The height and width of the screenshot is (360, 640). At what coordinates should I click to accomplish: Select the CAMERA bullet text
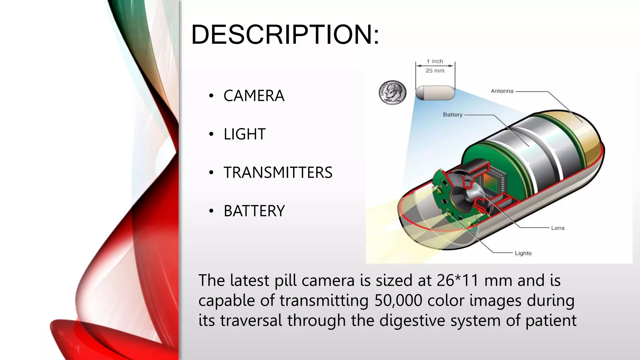coord(254,96)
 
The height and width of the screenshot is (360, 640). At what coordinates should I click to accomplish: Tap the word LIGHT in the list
coord(244,134)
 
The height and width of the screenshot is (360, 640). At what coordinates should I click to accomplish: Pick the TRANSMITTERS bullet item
coord(278,172)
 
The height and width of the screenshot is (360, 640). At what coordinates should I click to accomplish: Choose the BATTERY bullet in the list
coord(254,211)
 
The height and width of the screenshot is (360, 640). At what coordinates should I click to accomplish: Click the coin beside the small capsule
coord(392,92)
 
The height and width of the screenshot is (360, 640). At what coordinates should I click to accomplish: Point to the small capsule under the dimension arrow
coord(435,93)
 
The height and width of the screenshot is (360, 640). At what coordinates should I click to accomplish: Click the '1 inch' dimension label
coord(435,61)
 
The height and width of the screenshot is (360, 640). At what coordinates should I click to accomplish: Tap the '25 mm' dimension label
coord(435,71)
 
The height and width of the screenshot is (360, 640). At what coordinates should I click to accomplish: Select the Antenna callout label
coord(502,91)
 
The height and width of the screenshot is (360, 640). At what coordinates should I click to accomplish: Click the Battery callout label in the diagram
coord(452,115)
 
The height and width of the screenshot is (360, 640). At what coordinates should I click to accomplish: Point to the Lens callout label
coord(557,228)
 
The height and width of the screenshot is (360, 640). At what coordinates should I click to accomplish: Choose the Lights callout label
coord(523,253)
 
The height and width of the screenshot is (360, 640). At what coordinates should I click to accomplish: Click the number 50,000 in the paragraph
coord(398,301)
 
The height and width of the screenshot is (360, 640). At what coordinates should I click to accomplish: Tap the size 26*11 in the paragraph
coord(458,280)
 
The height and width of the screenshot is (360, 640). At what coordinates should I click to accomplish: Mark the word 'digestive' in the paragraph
coord(412,321)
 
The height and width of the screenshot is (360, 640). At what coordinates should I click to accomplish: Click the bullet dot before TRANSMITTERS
coord(211,172)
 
